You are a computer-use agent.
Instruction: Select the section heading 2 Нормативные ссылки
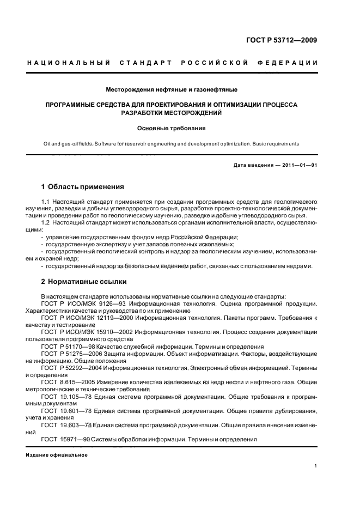[x=84, y=282]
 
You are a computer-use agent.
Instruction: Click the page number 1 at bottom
[x=316, y=466]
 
